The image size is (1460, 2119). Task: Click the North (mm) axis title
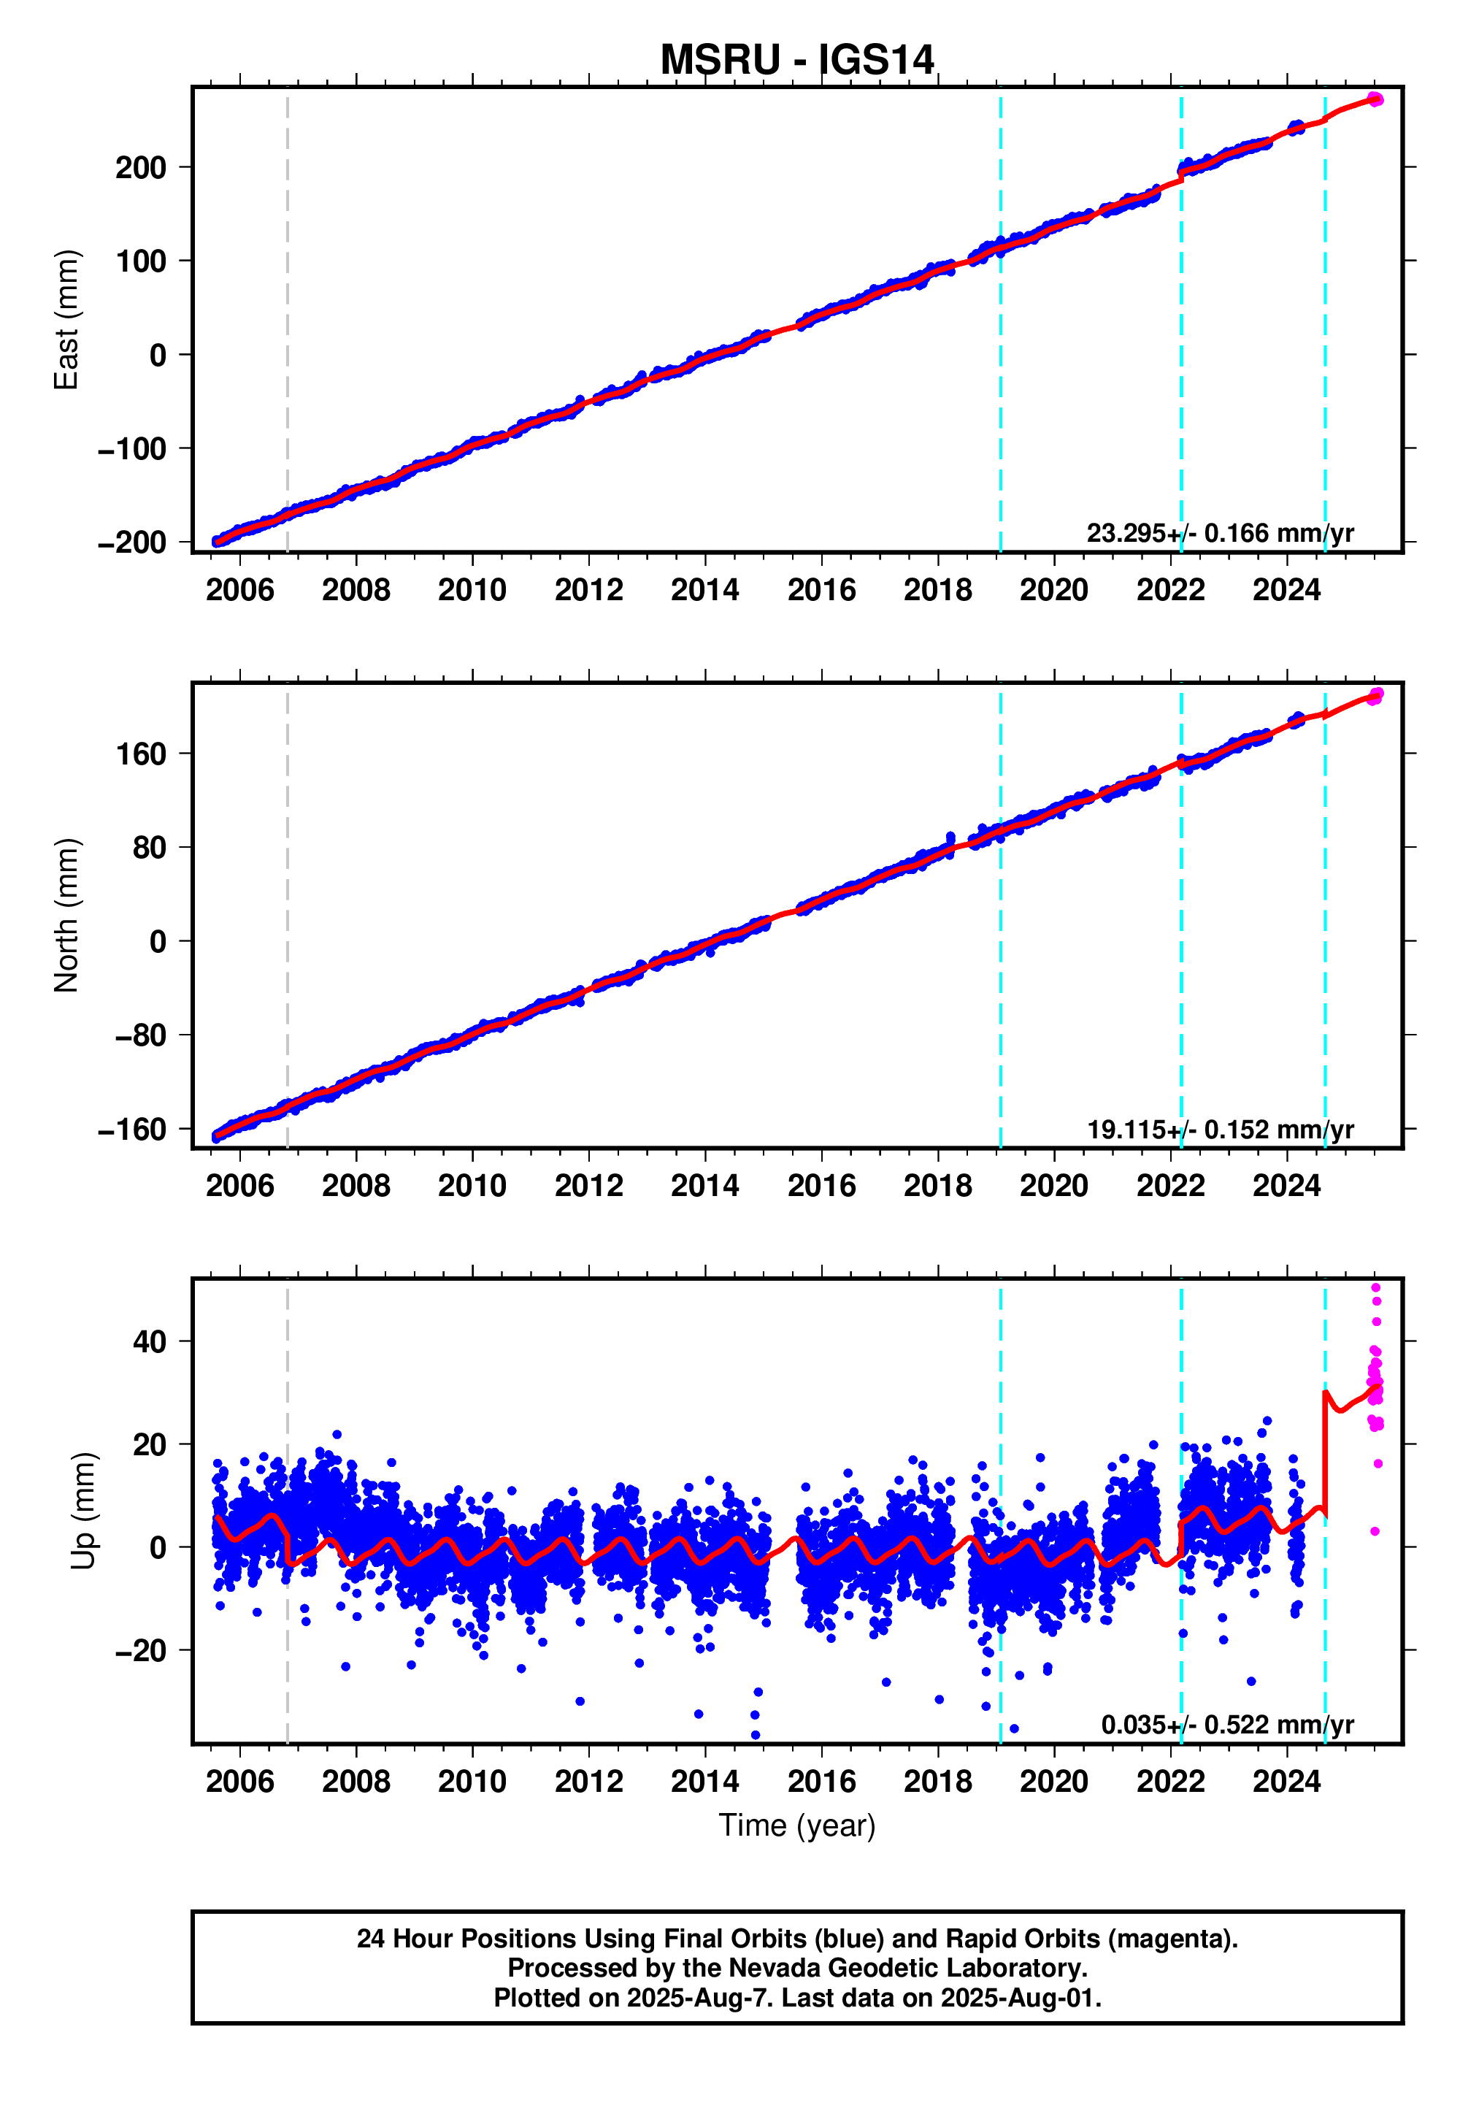click(66, 915)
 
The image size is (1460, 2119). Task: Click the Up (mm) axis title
click(83, 1511)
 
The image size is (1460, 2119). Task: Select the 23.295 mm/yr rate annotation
click(1219, 534)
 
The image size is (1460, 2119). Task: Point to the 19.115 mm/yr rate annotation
click(1219, 1130)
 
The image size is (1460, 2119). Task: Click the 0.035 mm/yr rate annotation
click(1226, 1725)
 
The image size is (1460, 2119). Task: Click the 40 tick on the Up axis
click(149, 1342)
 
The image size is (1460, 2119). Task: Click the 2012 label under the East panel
click(588, 590)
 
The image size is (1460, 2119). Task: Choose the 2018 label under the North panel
click(937, 1186)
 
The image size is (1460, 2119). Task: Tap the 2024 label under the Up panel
click(1286, 1782)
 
